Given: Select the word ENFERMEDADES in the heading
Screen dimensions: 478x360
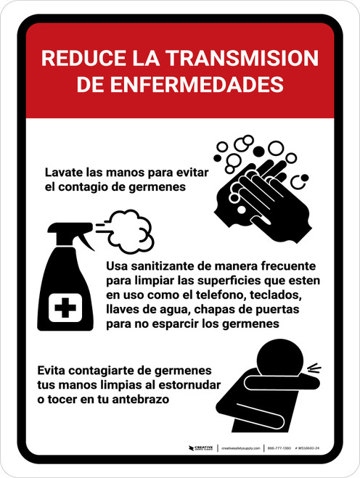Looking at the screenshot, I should click(210, 84).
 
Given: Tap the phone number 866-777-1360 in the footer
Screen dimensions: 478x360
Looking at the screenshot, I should click(280, 449).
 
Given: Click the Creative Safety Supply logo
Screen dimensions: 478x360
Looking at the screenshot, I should click(201, 449).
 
